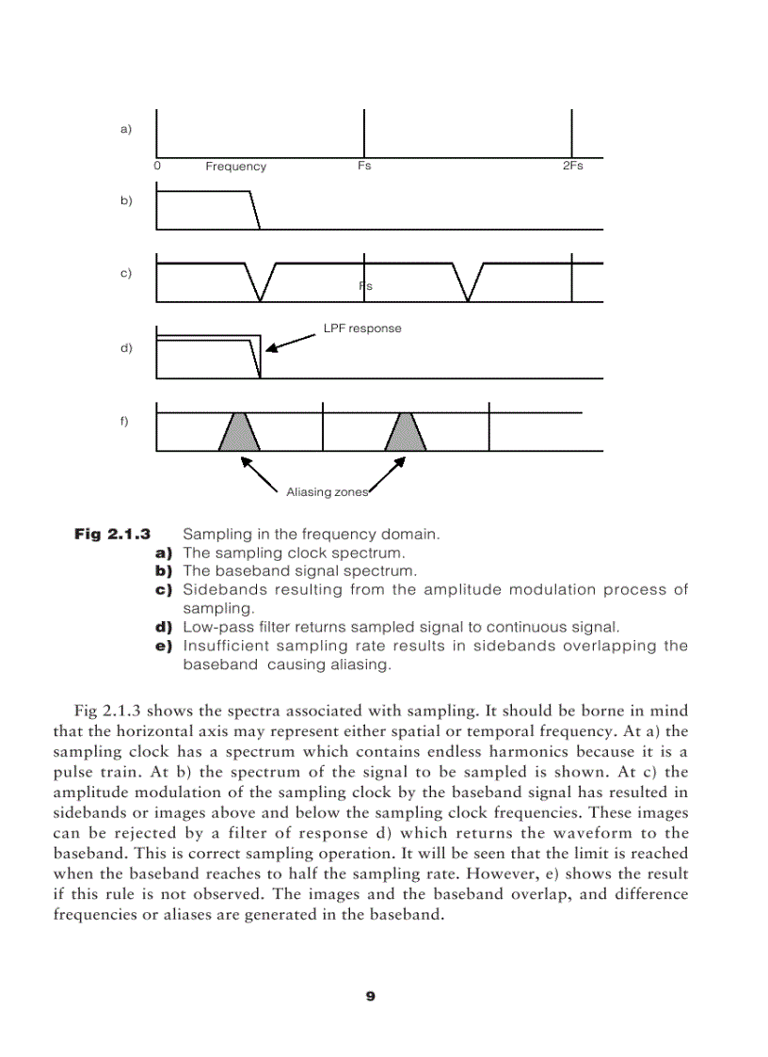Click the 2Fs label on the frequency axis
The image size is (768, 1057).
[572, 166]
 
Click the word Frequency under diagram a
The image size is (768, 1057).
[235, 167]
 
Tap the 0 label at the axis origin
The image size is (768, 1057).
[157, 166]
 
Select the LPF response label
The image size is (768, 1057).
[362, 328]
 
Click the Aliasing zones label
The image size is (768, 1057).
[327, 492]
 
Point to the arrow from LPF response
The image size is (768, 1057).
[292, 342]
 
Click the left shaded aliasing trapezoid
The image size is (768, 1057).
[239, 432]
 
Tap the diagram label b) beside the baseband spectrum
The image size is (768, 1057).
[126, 200]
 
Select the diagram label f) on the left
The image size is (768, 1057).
[124, 421]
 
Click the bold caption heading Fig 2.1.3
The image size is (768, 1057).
[112, 535]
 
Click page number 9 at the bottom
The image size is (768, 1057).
[370, 997]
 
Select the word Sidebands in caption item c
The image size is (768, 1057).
[218, 590]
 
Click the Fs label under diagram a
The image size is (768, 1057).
[364, 166]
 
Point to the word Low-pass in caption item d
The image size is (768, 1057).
[214, 627]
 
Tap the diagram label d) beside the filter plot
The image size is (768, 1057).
[126, 348]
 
